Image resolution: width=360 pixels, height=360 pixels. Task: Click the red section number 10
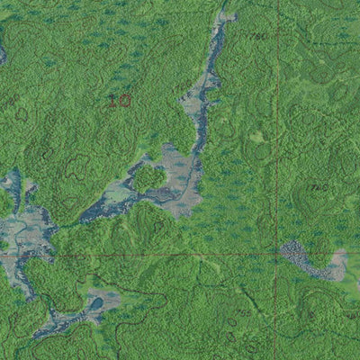119,100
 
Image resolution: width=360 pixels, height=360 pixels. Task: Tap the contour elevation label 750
258,36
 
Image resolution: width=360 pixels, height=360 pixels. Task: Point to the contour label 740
316,187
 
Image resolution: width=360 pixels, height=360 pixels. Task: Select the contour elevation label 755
242,312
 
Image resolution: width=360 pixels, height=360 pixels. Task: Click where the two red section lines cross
277,254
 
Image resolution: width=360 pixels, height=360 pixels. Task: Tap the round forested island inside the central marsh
149,178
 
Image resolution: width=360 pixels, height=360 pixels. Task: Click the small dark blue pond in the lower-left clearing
94,303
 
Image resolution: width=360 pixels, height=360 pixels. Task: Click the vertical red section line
277,135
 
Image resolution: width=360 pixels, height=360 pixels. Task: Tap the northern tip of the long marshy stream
225,15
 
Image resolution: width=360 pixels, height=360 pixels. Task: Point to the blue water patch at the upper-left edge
3,54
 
